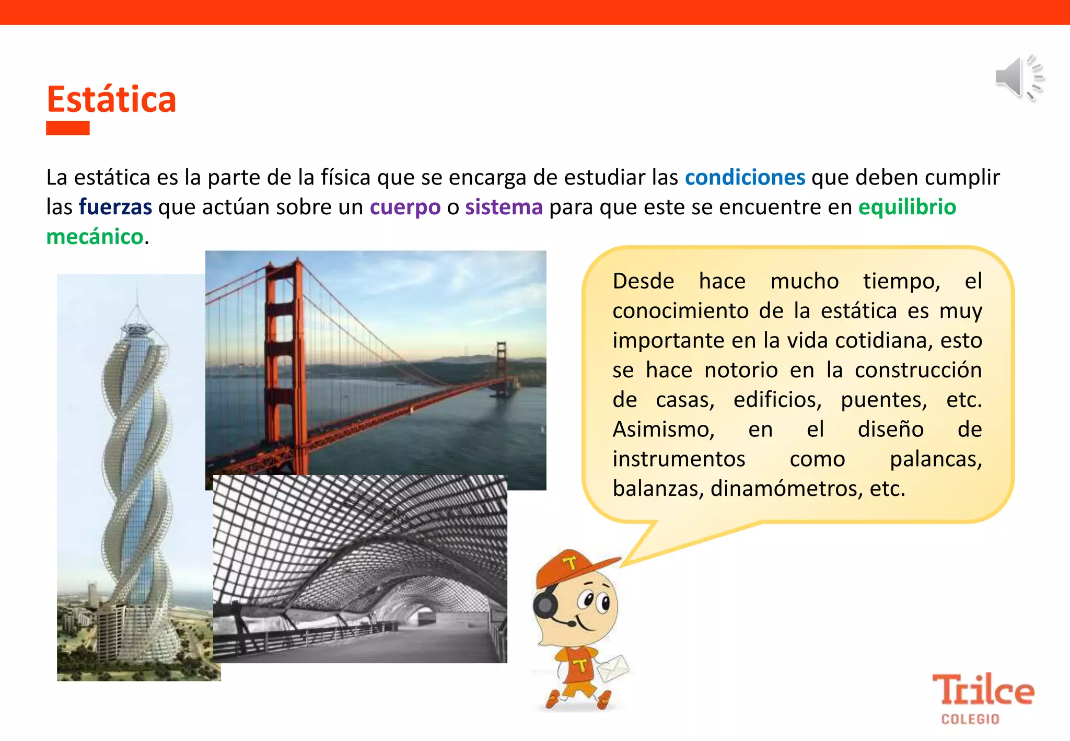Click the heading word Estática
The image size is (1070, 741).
111,99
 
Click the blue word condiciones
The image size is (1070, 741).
745,178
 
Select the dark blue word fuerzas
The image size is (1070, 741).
115,207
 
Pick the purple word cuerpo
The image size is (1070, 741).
405,207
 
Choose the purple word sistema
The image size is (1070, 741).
504,207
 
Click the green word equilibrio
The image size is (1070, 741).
907,207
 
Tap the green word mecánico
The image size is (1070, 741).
95,237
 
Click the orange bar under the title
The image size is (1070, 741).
68,128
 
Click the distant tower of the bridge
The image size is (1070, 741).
502,366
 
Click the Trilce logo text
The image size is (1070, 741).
982,690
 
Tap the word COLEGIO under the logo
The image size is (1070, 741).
970,720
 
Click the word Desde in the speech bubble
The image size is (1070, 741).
643,281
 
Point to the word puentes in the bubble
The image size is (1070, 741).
883,400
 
